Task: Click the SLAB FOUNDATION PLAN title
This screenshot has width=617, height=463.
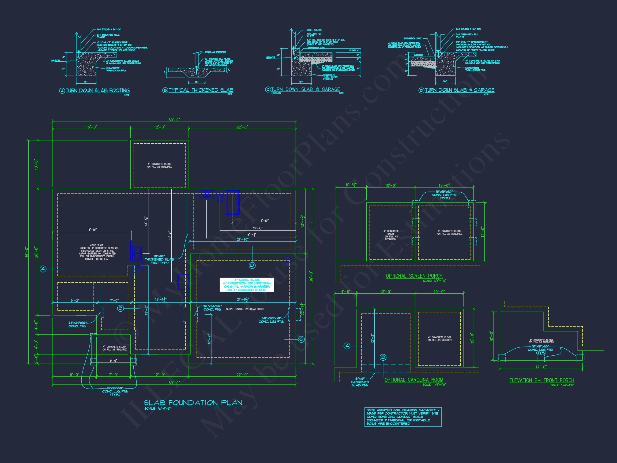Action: [x=193, y=403]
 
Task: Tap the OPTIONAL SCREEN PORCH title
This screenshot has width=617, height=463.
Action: [x=414, y=276]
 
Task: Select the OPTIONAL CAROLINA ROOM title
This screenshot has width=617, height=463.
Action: [x=414, y=380]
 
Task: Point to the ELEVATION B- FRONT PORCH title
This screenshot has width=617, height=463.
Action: [x=541, y=380]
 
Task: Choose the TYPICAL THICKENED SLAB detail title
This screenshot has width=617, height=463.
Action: [x=201, y=90]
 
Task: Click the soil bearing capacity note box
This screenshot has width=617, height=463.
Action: [x=403, y=417]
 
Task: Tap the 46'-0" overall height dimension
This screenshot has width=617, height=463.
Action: [x=27, y=252]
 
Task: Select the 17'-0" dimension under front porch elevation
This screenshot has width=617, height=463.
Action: [x=541, y=367]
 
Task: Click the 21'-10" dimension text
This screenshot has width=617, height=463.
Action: [x=242, y=240]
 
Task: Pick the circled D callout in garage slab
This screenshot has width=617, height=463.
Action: [x=252, y=266]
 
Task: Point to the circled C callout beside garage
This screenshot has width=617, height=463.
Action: [x=301, y=339]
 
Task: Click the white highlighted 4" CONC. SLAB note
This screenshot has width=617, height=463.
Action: [x=247, y=285]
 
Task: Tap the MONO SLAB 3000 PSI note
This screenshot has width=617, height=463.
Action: [x=96, y=252]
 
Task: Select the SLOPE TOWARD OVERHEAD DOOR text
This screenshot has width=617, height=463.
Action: [x=245, y=309]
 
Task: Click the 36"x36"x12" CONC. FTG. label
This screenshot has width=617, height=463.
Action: [x=212, y=308]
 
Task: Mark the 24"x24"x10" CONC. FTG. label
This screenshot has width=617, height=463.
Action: [x=77, y=324]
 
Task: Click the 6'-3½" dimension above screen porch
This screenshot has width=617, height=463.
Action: [x=351, y=185]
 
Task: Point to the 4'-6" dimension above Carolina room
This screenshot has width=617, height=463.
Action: [x=346, y=292]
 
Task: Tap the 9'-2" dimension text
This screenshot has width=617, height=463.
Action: [x=75, y=301]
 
